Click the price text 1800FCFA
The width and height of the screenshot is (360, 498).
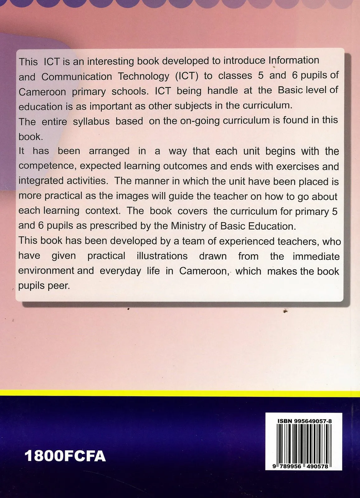tap(65, 456)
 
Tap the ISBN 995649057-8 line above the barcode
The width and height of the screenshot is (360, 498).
tap(304, 421)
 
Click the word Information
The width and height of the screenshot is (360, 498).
tap(294, 60)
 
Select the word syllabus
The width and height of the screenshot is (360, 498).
tap(91, 121)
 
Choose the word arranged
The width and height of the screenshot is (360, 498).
tap(109, 151)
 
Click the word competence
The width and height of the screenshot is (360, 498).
tap(47, 166)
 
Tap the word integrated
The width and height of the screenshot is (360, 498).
tap(39, 181)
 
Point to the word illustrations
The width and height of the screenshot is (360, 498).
tap(162, 256)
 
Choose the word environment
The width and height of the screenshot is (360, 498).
tap(46, 270)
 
